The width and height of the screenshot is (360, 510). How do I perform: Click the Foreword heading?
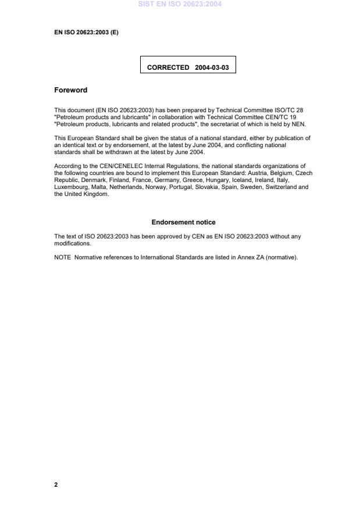(x=70, y=90)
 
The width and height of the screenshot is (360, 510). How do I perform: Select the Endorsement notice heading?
(x=183, y=222)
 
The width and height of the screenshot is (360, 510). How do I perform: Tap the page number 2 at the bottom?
(x=56, y=484)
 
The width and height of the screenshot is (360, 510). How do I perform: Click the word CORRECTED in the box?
(x=168, y=67)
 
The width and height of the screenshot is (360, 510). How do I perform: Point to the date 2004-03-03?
(x=212, y=67)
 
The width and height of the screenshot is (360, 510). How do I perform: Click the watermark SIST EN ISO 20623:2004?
(x=180, y=5)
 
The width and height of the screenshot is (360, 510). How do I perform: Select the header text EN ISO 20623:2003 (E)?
(x=86, y=33)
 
